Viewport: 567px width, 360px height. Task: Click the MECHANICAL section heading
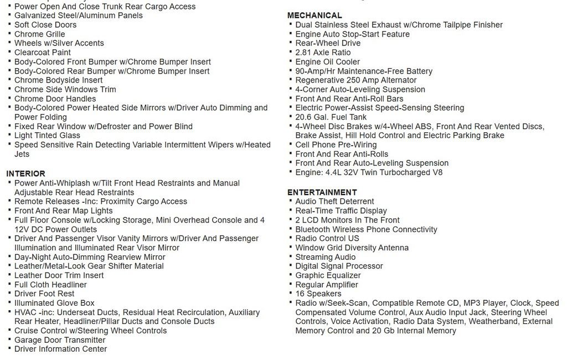315,16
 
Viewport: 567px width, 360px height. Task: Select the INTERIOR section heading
26,174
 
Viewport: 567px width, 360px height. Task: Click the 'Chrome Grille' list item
39,34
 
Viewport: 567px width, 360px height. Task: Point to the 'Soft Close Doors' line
45,25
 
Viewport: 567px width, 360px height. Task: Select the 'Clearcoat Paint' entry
43,53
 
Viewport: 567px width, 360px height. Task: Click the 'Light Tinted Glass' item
47,136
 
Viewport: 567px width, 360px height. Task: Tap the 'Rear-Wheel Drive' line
328,43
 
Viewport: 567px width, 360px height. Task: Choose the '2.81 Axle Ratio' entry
323,53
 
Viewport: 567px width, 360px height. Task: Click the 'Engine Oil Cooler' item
327,62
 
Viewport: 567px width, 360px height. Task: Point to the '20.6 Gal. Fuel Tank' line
331,117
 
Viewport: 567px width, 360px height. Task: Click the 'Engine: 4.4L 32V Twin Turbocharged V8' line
369,173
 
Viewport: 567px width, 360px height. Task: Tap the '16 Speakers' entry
318,294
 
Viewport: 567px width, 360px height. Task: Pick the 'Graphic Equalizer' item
328,276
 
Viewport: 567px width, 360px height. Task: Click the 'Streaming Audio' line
326,257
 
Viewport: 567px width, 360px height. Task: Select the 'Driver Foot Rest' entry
44,294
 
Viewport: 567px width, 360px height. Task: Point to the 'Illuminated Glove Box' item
54,304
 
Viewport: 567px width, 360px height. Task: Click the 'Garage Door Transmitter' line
60,340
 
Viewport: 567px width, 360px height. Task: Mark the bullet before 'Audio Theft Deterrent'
290,201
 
